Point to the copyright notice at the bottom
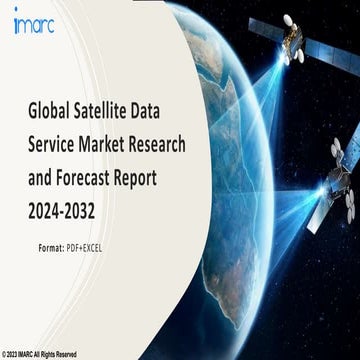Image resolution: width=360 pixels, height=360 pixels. [x=42, y=354]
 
